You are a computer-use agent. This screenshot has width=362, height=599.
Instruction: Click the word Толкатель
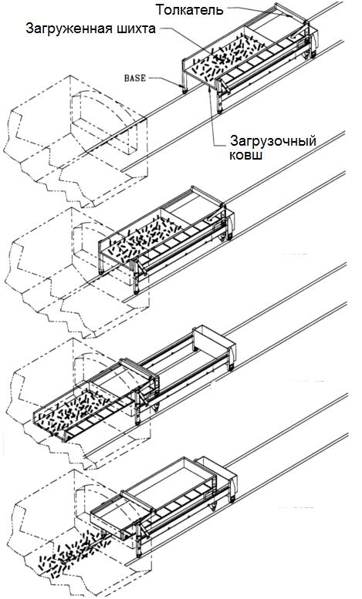189,9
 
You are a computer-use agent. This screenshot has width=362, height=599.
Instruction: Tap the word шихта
134,29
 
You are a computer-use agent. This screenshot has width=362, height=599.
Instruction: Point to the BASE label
135,78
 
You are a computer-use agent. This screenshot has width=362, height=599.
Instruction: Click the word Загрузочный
272,141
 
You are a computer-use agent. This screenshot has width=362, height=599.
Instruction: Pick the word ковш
245,156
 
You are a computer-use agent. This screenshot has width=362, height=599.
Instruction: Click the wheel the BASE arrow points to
184,90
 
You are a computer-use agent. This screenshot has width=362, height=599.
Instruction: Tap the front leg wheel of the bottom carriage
138,554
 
